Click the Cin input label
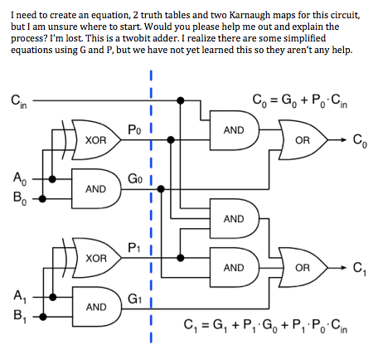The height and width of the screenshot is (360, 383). tap(19, 102)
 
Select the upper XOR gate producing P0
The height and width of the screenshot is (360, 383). tap(93, 140)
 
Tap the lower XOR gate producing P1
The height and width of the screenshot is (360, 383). tap(93, 258)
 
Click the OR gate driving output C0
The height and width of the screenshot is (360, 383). tap(303, 140)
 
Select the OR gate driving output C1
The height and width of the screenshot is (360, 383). tap(303, 267)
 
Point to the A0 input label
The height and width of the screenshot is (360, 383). tap(20, 178)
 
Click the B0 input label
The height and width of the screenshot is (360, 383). tap(20, 198)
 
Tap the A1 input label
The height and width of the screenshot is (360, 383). tap(20, 297)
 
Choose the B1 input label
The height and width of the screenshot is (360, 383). tap(20, 316)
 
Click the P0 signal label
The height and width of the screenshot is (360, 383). tap(134, 129)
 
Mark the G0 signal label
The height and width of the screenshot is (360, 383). tap(135, 178)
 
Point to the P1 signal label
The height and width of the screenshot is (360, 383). tap(134, 247)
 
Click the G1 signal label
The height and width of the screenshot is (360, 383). tap(135, 299)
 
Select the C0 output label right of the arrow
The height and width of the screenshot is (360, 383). tap(360, 141)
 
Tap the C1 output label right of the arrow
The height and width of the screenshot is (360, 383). tap(360, 269)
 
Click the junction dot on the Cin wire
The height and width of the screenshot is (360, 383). tap(180, 100)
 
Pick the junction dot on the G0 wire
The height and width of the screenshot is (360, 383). tap(161, 189)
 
